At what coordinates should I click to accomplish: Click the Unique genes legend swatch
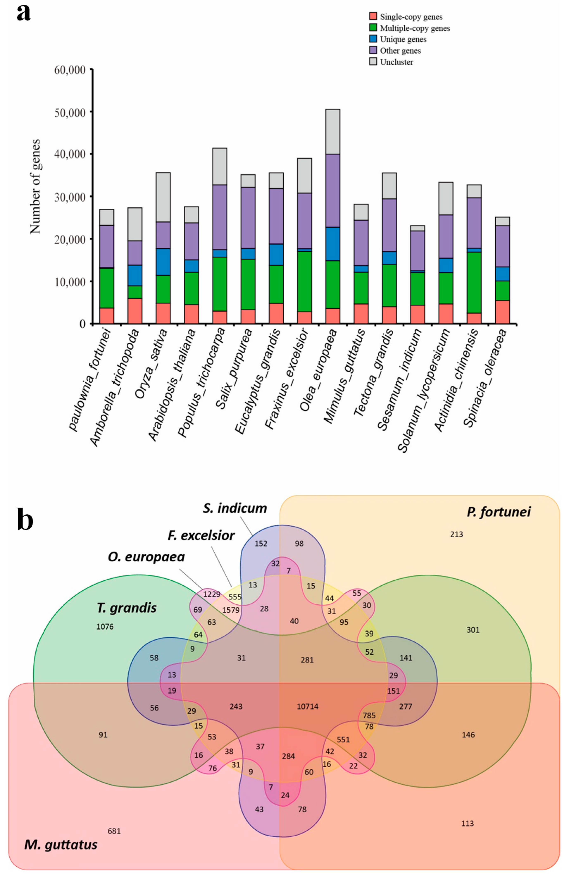373,39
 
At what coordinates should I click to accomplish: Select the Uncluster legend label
397,62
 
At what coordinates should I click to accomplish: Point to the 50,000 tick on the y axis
70,112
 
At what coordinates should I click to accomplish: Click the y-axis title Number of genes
35,187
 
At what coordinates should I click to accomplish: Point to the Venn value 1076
105,627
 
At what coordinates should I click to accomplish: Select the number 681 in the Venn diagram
114,831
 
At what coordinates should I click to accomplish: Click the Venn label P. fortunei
499,512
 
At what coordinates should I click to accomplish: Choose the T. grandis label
126,608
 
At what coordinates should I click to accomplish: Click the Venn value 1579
231,610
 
